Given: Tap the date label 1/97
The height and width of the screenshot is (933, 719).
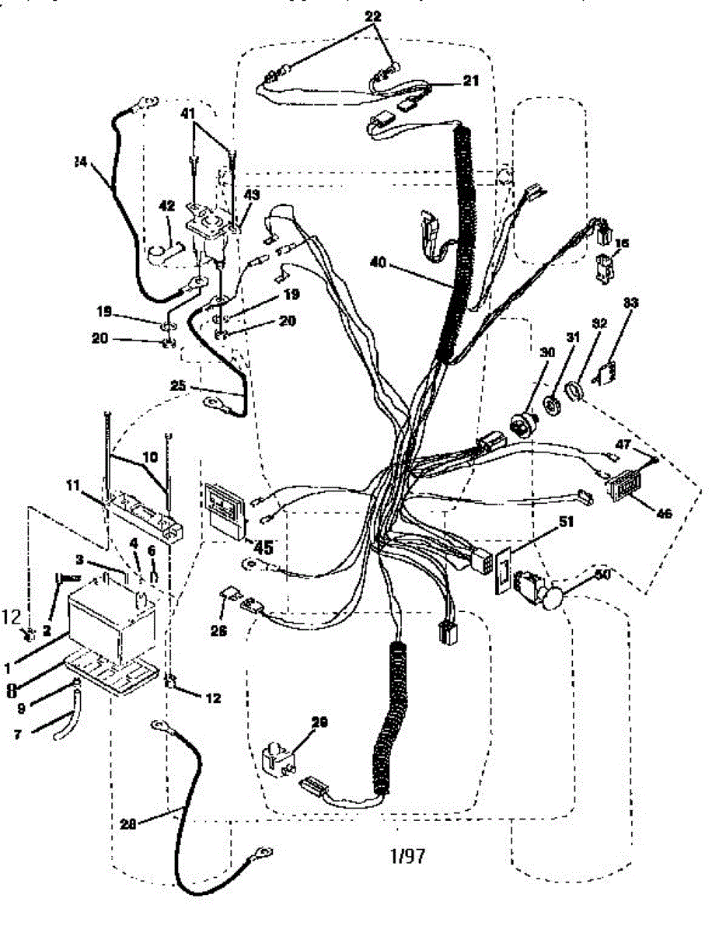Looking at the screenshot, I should click(x=407, y=856).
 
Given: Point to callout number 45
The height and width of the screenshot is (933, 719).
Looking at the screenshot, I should click(x=264, y=547).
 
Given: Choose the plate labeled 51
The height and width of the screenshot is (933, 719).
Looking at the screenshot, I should click(x=503, y=568).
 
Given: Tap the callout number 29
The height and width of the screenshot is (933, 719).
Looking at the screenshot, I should click(x=319, y=722).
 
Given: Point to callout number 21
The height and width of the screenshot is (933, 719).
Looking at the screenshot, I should click(x=472, y=80).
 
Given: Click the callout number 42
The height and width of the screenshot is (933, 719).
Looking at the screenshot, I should click(x=166, y=206).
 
